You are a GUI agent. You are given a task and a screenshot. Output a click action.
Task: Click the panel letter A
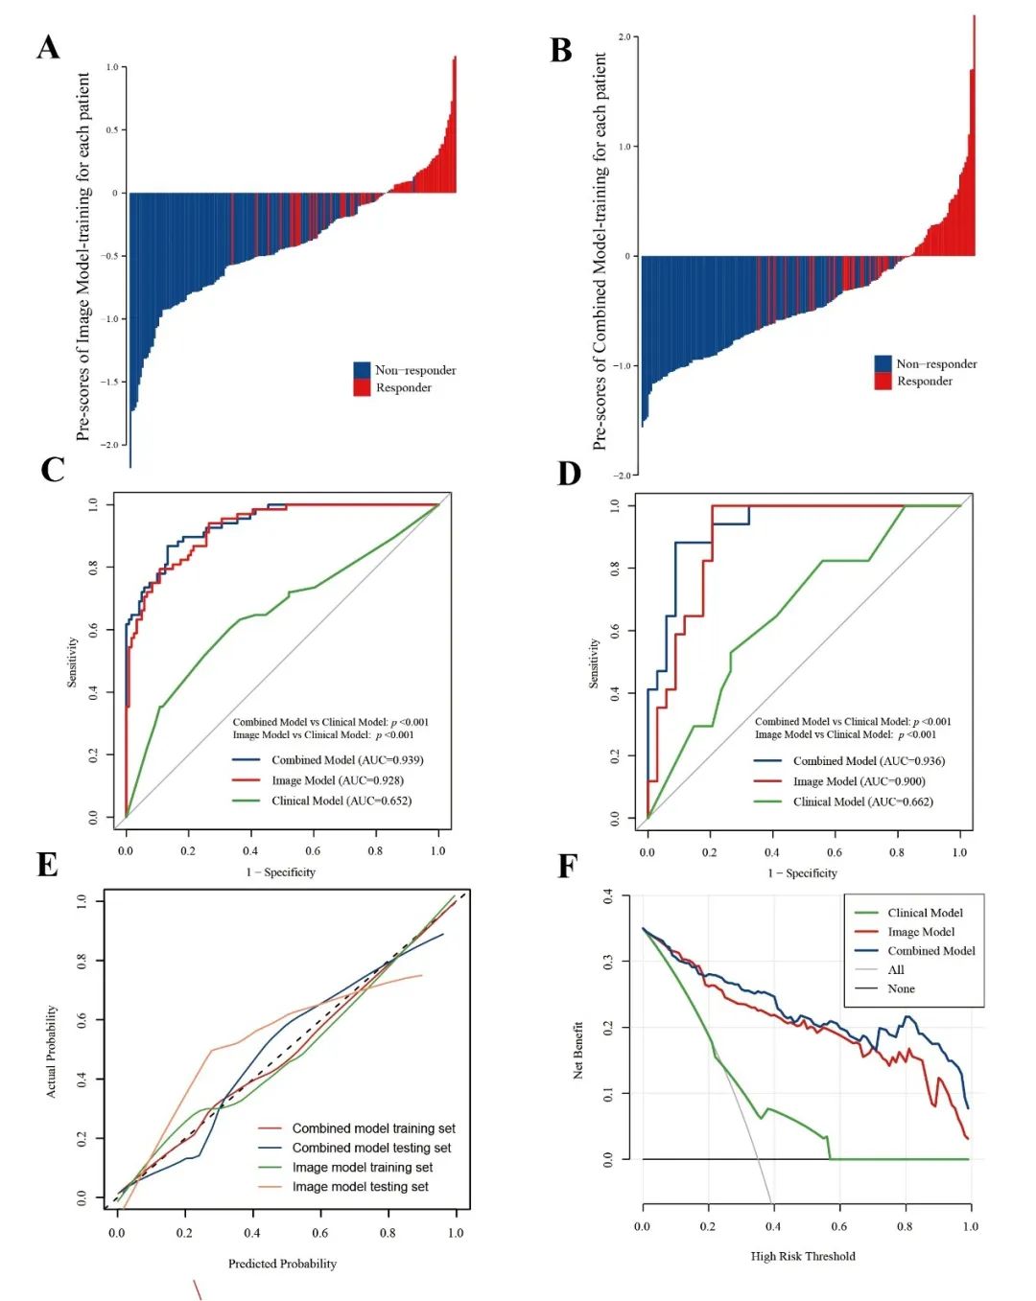pyautogui.click(x=48, y=48)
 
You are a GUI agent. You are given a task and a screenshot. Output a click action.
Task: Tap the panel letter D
pyautogui.click(x=569, y=474)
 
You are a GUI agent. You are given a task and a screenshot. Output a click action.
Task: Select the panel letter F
pyautogui.click(x=567, y=867)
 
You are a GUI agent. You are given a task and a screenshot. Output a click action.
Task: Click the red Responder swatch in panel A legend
pyautogui.click(x=362, y=387)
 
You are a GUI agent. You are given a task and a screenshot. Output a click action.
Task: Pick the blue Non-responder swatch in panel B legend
pyautogui.click(x=883, y=363)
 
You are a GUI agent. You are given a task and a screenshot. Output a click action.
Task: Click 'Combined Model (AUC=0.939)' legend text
pyautogui.click(x=347, y=760)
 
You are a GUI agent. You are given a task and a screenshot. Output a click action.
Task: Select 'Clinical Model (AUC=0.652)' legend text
pyautogui.click(x=341, y=801)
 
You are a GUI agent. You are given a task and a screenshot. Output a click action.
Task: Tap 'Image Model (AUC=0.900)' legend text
pyautogui.click(x=859, y=781)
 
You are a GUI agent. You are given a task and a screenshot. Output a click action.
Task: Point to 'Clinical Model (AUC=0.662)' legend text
pyautogui.click(x=862, y=802)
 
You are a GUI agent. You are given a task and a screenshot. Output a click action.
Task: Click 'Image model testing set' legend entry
pyautogui.click(x=360, y=1187)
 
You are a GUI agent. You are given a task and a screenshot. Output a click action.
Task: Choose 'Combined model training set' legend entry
pyautogui.click(x=373, y=1128)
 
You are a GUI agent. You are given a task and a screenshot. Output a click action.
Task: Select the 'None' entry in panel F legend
pyautogui.click(x=901, y=988)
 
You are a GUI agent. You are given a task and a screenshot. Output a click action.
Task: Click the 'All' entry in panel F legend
pyautogui.click(x=896, y=969)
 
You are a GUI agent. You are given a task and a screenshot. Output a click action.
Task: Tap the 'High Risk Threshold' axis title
pyautogui.click(x=803, y=1256)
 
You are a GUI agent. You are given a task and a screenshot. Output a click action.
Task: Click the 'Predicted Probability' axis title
pyautogui.click(x=282, y=1264)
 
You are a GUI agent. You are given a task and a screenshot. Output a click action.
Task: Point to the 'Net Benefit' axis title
pyautogui.click(x=578, y=1050)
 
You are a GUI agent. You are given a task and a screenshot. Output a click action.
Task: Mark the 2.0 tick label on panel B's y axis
pyautogui.click(x=624, y=37)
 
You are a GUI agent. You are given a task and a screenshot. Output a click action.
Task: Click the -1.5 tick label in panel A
pyautogui.click(x=111, y=382)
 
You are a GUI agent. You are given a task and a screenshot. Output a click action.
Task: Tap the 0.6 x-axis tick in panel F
pyautogui.click(x=839, y=1226)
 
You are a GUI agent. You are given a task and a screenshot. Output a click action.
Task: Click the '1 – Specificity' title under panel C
pyautogui.click(x=280, y=872)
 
